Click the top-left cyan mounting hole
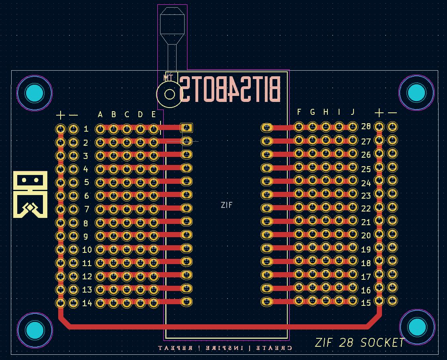[35, 93]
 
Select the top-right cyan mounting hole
[416, 93]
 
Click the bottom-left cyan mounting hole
[35, 330]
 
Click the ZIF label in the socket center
[227, 205]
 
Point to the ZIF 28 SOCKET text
[360, 343]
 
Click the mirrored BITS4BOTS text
[230, 89]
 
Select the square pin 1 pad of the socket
[186, 128]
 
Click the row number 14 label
[87, 303]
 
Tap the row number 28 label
[366, 126]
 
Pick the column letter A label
[100, 115]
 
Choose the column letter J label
[353, 112]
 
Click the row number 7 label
[86, 209]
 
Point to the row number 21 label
[366, 222]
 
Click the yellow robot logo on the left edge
[30, 194]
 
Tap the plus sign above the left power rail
[60, 116]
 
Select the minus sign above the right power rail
[392, 113]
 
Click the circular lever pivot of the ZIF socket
[170, 94]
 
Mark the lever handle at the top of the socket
[172, 24]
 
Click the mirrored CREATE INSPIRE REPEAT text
[225, 348]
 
